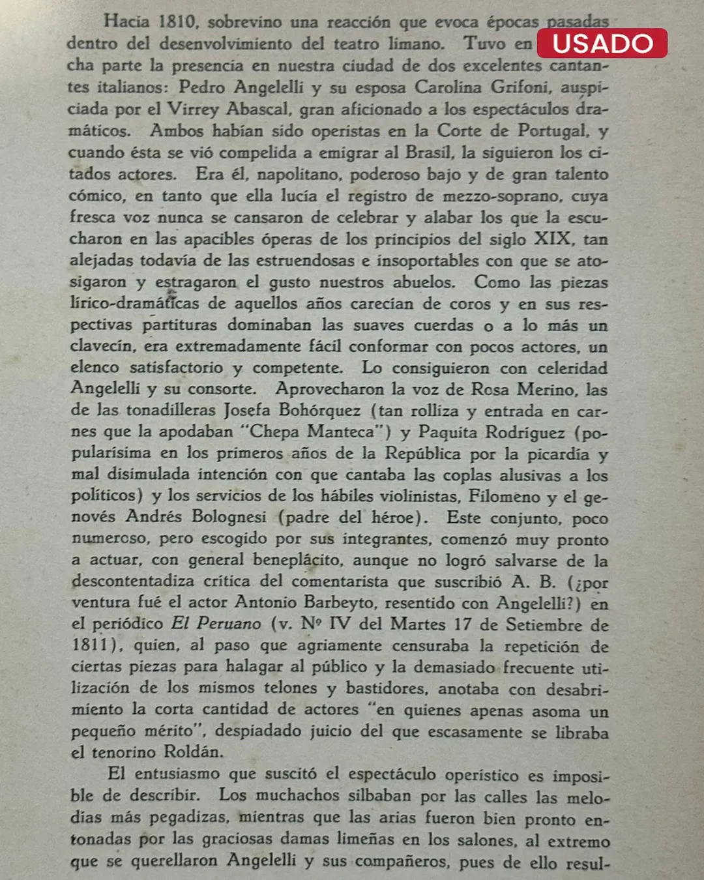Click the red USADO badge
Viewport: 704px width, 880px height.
(602, 43)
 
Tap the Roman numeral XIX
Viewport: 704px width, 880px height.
(553, 239)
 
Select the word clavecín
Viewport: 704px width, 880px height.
(103, 347)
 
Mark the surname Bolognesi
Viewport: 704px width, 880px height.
(229, 517)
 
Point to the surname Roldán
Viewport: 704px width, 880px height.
(193, 752)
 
